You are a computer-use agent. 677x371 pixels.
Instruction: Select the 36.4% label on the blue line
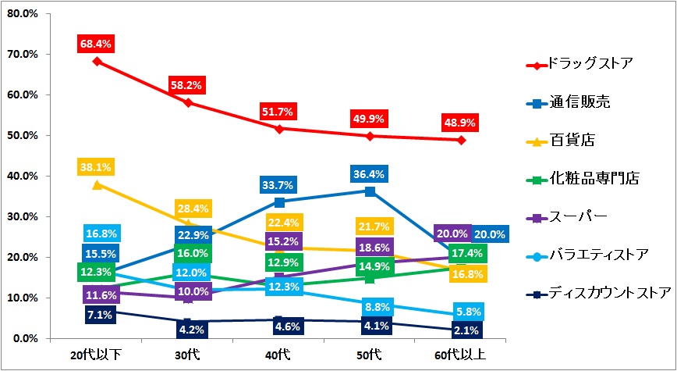pyautogui.click(x=369, y=173)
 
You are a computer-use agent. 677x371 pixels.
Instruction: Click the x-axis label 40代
pyautogui.click(x=278, y=355)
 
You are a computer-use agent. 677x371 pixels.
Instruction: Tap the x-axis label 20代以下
pyautogui.click(x=94, y=355)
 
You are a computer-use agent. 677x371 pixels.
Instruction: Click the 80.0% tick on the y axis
pyautogui.click(x=22, y=14)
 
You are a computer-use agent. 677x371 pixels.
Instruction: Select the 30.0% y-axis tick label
pyautogui.click(x=22, y=217)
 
